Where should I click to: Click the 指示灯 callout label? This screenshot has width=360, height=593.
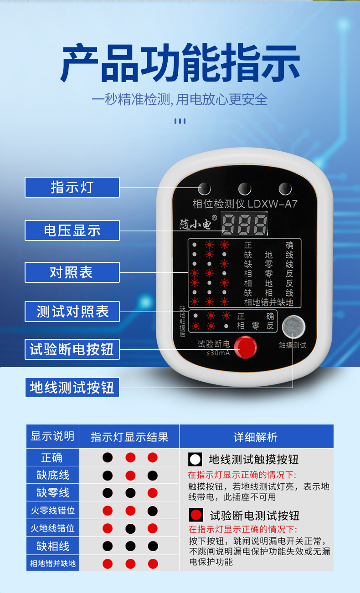point(72,187)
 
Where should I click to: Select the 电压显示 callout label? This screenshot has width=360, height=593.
point(72,230)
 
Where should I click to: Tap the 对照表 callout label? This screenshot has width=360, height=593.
point(72,272)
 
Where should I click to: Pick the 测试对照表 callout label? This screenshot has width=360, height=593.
point(72,312)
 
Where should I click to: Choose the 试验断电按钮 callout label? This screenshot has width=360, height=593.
point(72,349)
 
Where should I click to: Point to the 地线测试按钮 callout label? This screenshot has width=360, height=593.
point(72,388)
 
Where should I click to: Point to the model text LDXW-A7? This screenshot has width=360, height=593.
point(272,204)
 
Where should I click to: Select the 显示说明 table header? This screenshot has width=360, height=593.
point(52,436)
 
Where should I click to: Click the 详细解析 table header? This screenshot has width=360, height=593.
point(256,437)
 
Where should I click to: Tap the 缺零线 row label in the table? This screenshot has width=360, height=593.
point(52,492)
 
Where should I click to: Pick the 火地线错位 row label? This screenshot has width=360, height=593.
point(52,528)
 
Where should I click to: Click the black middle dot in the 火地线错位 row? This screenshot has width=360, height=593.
point(130,528)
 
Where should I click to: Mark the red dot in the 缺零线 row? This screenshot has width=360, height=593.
point(153,493)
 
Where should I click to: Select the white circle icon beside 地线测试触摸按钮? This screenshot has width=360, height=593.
point(195,459)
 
